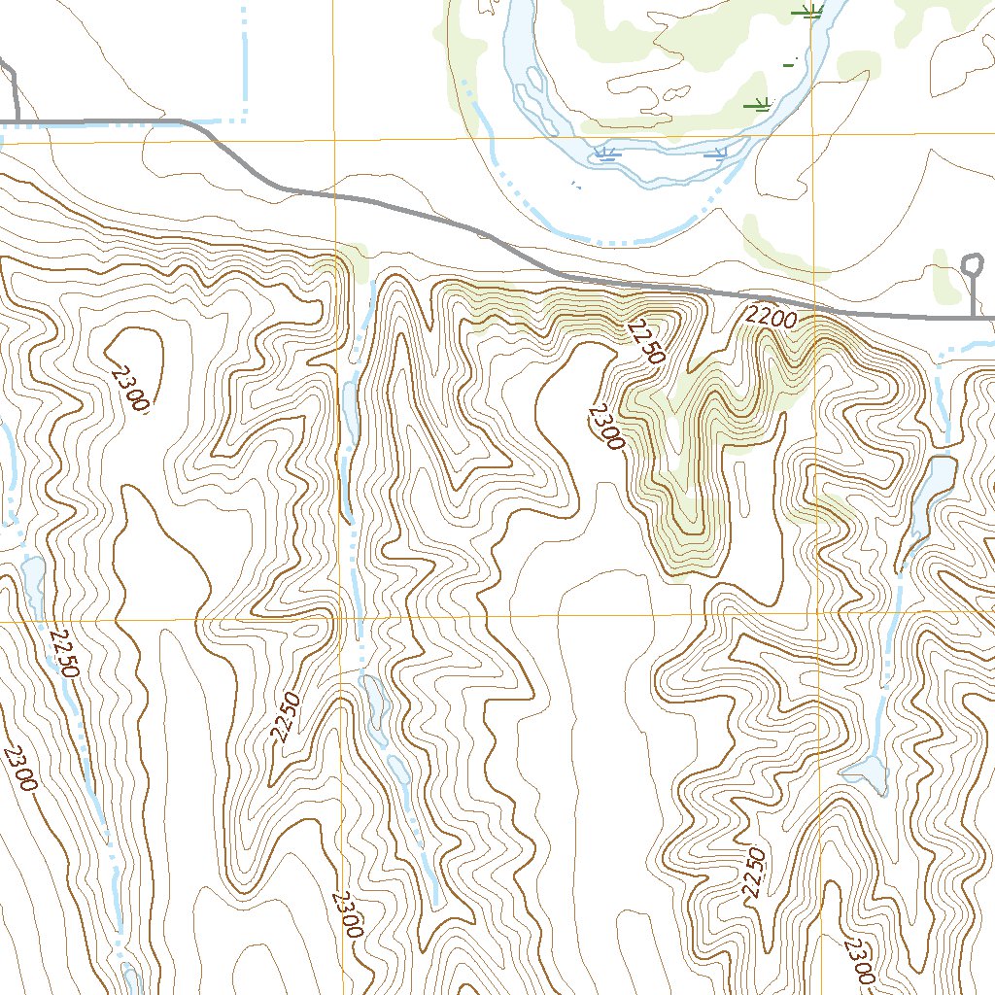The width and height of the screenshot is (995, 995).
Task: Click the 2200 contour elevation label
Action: coord(772,317)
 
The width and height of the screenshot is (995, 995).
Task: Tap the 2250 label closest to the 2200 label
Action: coord(646,342)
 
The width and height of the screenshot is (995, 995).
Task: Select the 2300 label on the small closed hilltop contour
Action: coord(129,388)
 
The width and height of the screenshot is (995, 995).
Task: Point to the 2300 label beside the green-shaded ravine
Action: coord(604,428)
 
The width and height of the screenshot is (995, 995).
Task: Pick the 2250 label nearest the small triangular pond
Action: coord(756,872)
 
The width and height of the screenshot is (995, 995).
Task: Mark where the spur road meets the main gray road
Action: coord(972,317)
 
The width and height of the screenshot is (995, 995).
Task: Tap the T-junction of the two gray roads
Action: coord(16,121)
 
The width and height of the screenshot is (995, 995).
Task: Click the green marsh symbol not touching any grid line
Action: coord(757,103)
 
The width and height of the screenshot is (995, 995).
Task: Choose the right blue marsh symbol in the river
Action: coord(716,153)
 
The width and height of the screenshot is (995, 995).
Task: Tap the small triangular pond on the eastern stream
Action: coord(866,773)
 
